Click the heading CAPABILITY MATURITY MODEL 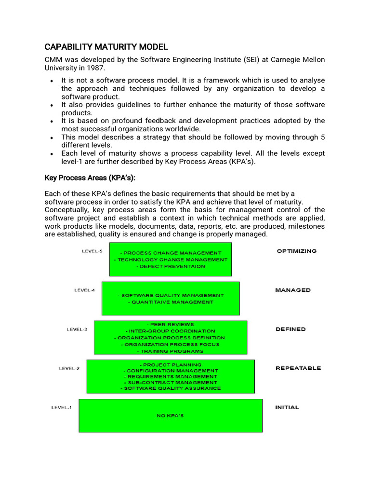[106, 47]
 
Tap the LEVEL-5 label [91, 251]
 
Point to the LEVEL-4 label [84, 290]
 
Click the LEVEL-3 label [77, 329]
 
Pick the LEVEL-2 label [69, 369]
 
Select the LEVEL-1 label [61, 408]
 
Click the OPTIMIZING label [296, 251]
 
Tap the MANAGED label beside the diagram [292, 290]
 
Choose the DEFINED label [291, 329]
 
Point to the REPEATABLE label [298, 368]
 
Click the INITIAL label [287, 407]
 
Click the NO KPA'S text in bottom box [170, 415]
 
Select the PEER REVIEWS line [170, 325]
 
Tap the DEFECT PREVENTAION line [171, 266]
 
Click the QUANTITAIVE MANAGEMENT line [171, 302]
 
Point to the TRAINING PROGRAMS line [170, 351]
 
